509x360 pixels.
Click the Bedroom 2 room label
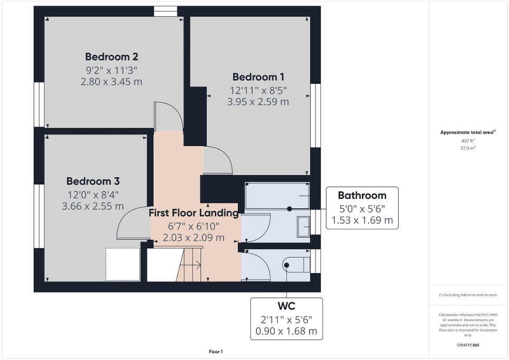pyautogui.click(x=112, y=56)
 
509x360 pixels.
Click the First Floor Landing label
pyautogui.click(x=194, y=213)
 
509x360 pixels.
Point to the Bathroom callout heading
pyautogui.click(x=362, y=195)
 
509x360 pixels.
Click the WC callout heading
pyautogui.click(x=286, y=306)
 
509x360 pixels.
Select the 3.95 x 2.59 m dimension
pyautogui.click(x=258, y=102)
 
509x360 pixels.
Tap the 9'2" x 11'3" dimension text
pyautogui.click(x=112, y=70)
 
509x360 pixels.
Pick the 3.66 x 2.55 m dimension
pyautogui.click(x=92, y=206)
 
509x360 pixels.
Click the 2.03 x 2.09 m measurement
pyautogui.click(x=194, y=238)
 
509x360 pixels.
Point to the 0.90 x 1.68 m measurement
pyautogui.click(x=286, y=331)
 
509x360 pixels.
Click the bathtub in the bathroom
pyautogui.click(x=277, y=196)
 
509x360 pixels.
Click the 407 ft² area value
pyautogui.click(x=468, y=141)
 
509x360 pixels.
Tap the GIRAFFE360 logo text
pyautogui.click(x=468, y=345)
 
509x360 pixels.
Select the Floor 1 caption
pyautogui.click(x=216, y=352)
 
